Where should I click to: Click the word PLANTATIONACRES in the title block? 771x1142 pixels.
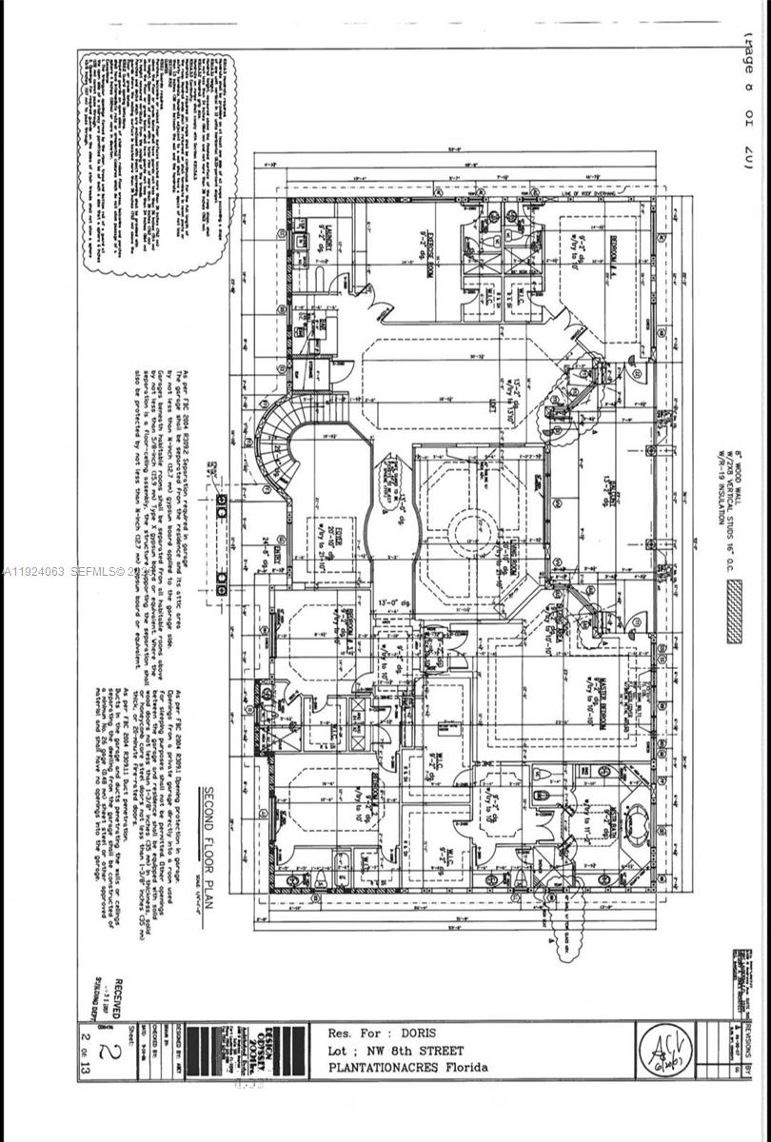coord(381,1067)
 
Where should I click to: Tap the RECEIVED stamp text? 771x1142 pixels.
coord(116,1001)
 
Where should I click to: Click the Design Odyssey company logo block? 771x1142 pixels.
coord(283,1052)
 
